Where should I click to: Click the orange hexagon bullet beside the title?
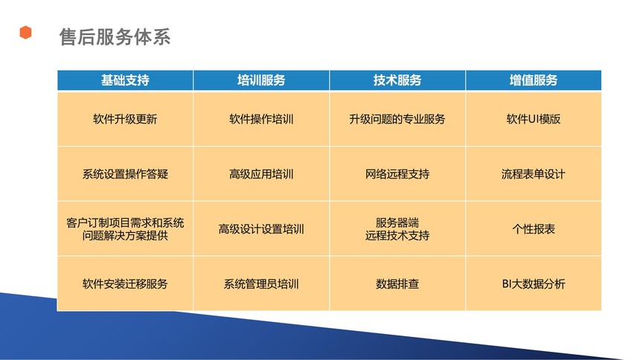pos(26,32)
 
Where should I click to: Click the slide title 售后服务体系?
pos(115,36)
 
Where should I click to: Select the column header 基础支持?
pos(125,80)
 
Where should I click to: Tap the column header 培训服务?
pos(261,80)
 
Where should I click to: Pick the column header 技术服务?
pos(397,80)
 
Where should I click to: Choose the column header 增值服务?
pos(534,80)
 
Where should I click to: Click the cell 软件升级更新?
pos(125,119)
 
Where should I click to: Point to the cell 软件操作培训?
pos(261,119)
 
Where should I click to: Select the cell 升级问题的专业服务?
pos(397,119)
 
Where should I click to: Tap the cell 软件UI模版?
pos(534,119)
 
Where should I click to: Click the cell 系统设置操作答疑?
pos(125,174)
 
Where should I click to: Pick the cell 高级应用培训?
pos(261,174)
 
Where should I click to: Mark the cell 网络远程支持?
pos(397,174)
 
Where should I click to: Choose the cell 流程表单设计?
pos(534,174)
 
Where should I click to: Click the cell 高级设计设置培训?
pos(261,229)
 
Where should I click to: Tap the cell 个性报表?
pos(534,229)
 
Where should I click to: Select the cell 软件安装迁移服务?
pos(125,283)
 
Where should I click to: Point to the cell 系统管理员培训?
pos(261,283)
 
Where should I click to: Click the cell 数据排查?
pos(397,283)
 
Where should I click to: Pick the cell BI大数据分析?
pos(534,283)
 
